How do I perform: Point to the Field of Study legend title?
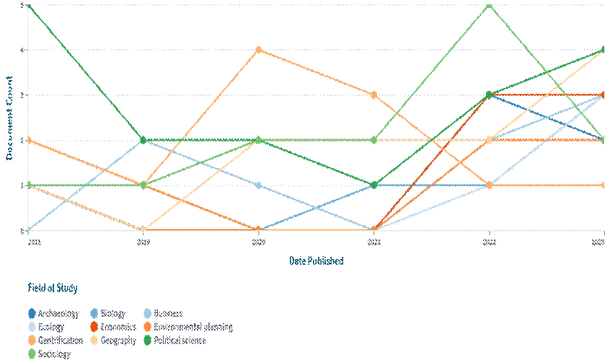(52, 288)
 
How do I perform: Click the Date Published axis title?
(316, 261)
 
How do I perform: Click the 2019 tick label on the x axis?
(143, 244)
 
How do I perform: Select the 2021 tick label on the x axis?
(374, 244)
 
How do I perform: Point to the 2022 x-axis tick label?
(489, 244)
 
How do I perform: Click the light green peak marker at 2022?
(489, 4)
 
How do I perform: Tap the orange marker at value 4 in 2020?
(258, 50)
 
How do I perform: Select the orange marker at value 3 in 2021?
(374, 95)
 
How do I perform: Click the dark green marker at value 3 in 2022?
(489, 95)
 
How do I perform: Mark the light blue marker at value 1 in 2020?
(258, 185)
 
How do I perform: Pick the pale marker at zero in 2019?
(143, 230)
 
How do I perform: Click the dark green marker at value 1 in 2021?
(374, 185)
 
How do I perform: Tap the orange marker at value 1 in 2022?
(489, 185)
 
